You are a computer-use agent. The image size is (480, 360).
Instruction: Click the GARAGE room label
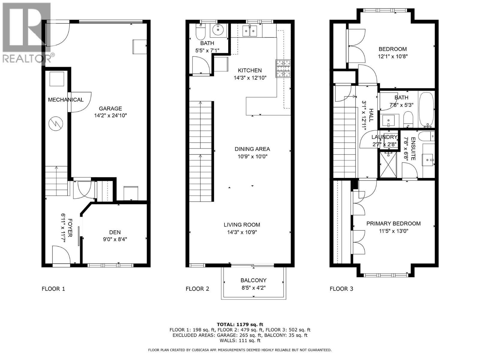tap(110, 109)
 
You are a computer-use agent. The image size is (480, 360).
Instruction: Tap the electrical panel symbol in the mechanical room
tap(56, 124)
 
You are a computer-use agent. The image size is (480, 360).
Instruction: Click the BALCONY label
tap(253, 280)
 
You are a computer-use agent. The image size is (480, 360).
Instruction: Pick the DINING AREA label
tap(252, 149)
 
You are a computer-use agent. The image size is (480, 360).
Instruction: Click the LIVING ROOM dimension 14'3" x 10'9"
tap(242, 232)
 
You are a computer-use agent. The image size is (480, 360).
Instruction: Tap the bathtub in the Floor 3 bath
tap(426, 109)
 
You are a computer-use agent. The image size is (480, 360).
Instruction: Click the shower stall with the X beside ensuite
tap(389, 165)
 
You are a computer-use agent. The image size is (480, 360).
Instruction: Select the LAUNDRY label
tap(384, 137)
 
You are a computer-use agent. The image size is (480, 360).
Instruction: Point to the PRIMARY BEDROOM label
tap(393, 223)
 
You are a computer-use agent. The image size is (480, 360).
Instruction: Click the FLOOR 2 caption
tap(197, 289)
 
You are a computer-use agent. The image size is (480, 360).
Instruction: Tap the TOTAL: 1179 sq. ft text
tap(240, 324)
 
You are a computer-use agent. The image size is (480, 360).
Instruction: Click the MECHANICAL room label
tap(66, 100)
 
